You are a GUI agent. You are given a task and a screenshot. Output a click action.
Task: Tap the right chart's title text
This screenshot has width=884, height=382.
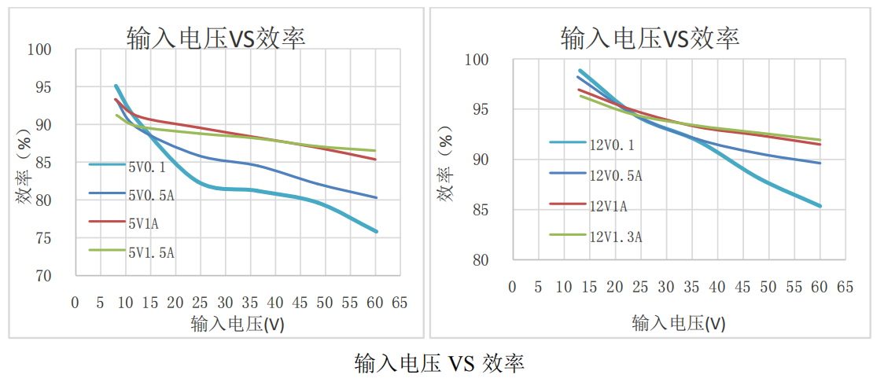tap(650, 37)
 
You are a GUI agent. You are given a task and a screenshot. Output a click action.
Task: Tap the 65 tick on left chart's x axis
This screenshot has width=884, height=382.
tap(399, 303)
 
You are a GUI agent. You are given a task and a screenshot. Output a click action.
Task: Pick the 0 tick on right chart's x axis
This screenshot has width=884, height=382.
tap(512, 287)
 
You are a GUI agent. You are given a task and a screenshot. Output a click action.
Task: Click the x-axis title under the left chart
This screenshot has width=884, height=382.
tap(237, 324)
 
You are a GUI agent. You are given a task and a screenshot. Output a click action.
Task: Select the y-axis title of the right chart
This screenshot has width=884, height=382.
tap(447, 169)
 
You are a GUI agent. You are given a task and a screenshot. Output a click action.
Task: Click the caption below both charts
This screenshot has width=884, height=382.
tap(440, 362)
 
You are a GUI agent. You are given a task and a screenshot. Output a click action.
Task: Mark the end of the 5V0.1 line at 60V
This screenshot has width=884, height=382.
tap(377, 232)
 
